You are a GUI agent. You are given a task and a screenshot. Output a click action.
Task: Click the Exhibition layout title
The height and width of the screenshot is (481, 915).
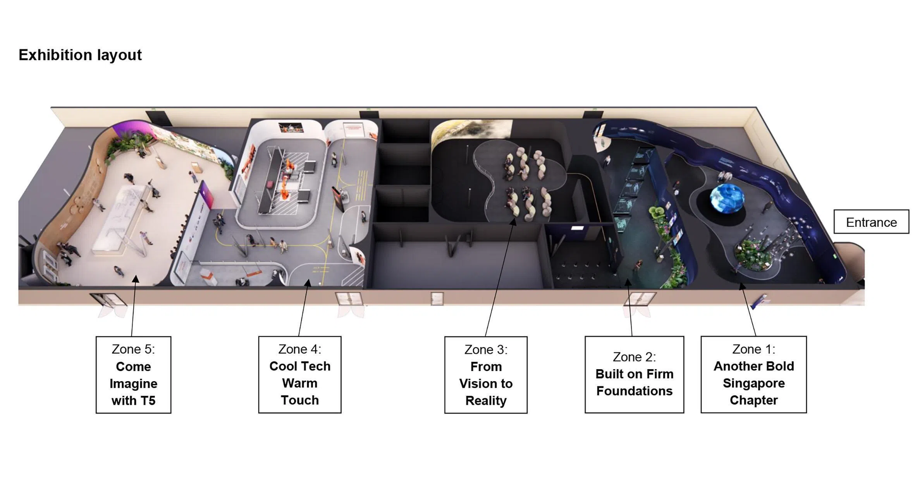[80, 55]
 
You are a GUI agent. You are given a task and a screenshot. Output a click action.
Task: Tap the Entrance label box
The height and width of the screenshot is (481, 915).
[871, 222]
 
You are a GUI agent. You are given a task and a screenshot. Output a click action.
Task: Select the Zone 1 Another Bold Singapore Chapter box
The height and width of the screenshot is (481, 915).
[753, 375]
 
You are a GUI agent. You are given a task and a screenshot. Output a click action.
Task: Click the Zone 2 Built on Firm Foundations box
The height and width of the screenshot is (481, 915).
[634, 375]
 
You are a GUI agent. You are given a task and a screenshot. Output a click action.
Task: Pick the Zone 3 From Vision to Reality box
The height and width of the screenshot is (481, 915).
[486, 375]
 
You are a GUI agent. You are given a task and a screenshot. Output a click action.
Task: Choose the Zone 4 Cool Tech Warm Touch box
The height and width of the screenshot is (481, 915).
[299, 375]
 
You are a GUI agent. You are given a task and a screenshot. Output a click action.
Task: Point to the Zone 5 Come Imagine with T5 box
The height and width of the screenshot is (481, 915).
[133, 375]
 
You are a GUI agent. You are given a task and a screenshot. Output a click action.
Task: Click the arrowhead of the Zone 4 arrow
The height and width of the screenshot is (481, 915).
[308, 283]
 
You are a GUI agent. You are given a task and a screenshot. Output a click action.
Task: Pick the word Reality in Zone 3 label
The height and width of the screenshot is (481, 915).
[486, 401]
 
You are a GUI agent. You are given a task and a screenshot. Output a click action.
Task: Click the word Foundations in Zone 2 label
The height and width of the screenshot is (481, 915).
[634, 391]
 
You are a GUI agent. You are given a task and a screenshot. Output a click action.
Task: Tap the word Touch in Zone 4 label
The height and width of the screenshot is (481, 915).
[299, 400]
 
